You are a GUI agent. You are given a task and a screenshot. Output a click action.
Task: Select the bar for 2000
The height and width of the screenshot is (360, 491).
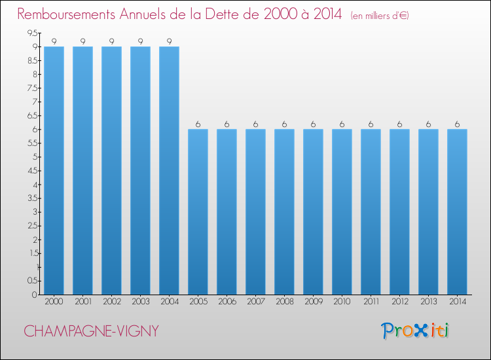coord(54,171)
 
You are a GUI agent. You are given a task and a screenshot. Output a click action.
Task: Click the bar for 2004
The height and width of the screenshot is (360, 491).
coord(169,171)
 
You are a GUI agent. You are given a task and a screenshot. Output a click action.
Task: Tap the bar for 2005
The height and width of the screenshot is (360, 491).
coord(198,212)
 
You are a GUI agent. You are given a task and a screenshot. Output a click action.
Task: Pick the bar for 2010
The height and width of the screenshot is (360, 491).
coord(342,212)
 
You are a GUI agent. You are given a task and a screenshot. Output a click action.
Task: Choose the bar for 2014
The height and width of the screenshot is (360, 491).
coord(457,212)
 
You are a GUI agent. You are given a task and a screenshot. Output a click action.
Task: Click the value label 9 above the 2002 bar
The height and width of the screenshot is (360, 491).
coord(111,41)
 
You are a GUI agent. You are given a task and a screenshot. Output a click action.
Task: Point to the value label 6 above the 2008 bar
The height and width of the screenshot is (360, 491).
coord(284,124)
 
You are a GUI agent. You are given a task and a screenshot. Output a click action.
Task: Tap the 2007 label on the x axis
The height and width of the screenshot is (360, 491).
coord(256,302)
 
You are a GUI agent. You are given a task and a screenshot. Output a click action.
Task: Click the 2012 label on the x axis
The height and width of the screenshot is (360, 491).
coord(400,302)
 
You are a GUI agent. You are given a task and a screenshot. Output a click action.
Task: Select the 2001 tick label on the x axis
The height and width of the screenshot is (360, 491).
coord(83,302)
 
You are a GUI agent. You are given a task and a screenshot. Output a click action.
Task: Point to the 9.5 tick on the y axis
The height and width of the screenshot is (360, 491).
coord(32,33)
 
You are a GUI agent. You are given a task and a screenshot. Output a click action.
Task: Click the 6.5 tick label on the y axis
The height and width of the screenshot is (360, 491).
coord(32,115)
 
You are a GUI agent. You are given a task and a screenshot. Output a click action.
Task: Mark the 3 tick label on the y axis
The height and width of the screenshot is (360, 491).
coord(35,212)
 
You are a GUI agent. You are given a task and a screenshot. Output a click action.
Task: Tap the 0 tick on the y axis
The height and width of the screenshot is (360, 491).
coord(35,295)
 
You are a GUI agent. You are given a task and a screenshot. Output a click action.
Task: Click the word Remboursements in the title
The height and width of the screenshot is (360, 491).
coord(66,14)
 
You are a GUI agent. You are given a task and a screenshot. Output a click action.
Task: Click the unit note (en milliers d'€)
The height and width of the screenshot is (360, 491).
coord(380,16)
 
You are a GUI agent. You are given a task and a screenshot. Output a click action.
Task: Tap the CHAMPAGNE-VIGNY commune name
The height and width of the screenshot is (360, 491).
coord(92,331)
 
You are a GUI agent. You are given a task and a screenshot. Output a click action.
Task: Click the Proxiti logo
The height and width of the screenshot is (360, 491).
coord(415,331)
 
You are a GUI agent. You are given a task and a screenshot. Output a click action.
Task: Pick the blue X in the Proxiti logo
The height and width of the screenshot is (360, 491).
coord(421,331)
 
